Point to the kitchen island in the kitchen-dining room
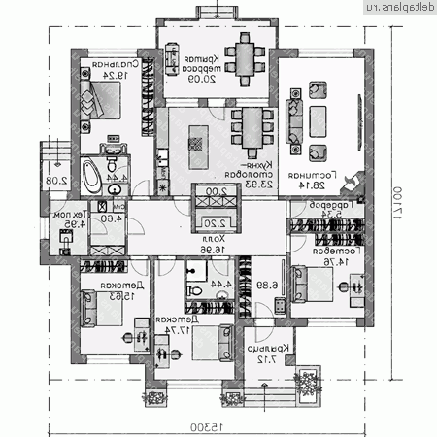(199, 135)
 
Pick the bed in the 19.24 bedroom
(99, 97)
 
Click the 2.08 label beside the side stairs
(56, 180)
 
